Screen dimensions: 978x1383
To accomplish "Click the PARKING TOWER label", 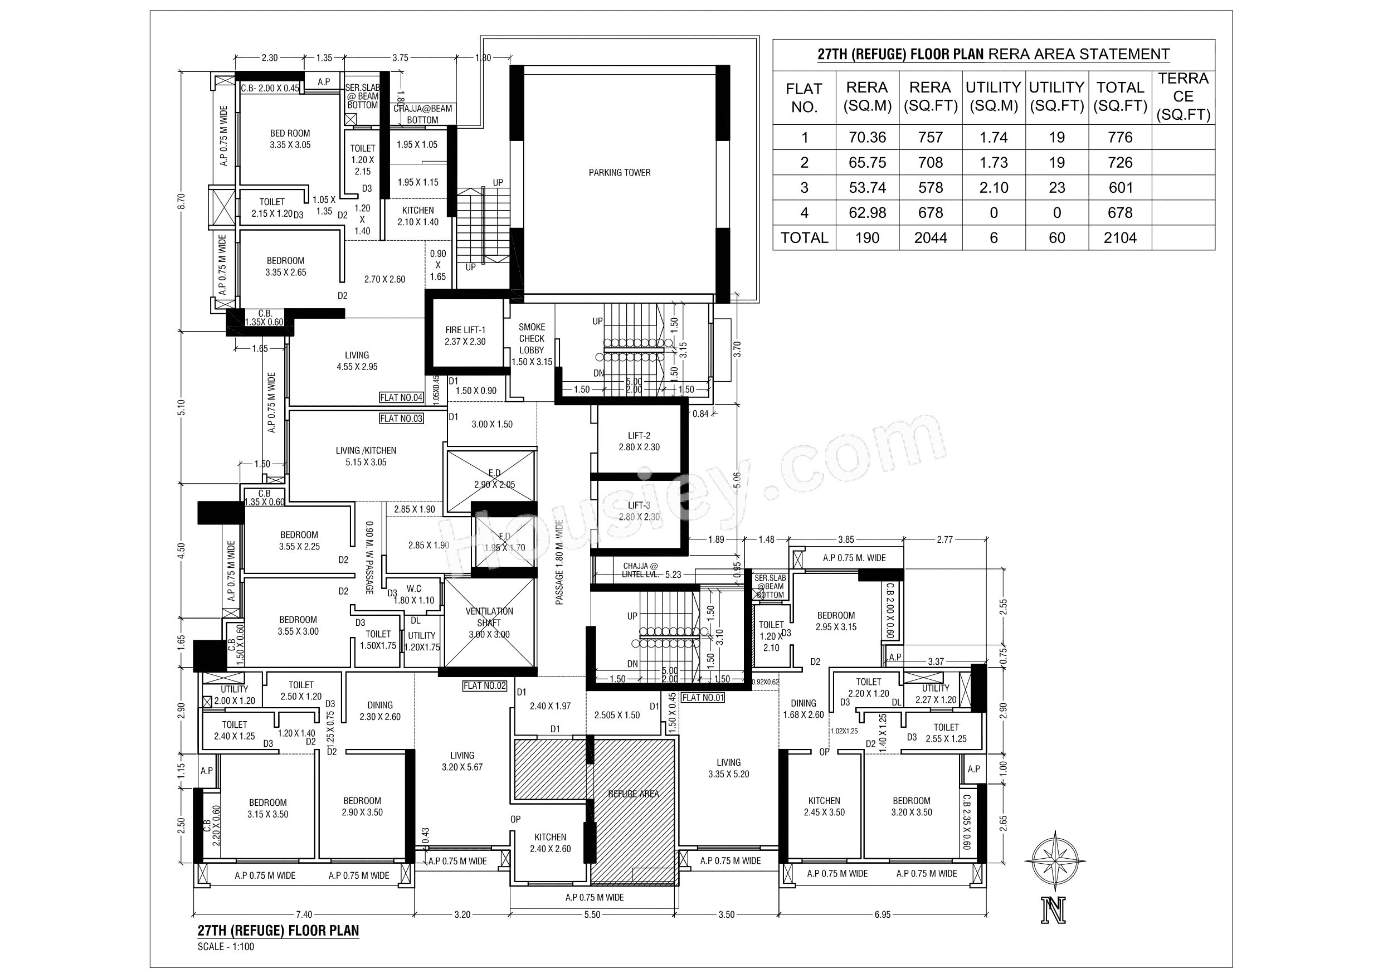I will coord(619,173).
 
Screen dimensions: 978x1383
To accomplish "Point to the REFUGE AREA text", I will coord(633,794).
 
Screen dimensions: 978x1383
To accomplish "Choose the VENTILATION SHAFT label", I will coord(489,622).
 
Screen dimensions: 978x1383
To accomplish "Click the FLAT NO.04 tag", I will coord(401,398).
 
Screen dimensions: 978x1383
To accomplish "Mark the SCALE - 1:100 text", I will coord(226,947).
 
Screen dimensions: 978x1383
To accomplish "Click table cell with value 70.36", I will coord(867,138).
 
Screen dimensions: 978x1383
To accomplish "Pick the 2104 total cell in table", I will coord(1120,238).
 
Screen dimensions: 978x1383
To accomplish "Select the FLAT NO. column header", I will coord(803,98).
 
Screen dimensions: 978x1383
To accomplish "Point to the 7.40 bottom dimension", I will coord(304,914).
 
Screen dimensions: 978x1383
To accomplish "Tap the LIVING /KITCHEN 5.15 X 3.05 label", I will coord(366,456).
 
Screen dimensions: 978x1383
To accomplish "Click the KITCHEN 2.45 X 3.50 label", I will coord(824,806).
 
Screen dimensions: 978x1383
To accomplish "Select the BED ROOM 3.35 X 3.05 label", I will coord(290,139).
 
